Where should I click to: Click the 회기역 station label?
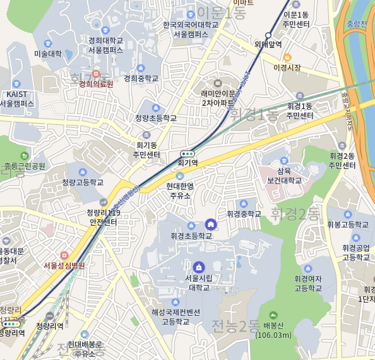[187, 162]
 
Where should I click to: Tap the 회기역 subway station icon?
[187, 153]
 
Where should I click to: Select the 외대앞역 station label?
[268, 45]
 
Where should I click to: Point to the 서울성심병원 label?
[64, 265]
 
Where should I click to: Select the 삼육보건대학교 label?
[285, 175]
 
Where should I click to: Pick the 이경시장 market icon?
[287, 57]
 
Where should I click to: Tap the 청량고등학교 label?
[82, 182]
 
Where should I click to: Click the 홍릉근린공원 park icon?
[25, 156]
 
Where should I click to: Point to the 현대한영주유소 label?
[180, 190]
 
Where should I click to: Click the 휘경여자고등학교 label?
[308, 283]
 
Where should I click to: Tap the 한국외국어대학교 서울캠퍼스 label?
[190, 29]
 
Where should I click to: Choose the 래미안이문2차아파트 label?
[218, 97]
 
